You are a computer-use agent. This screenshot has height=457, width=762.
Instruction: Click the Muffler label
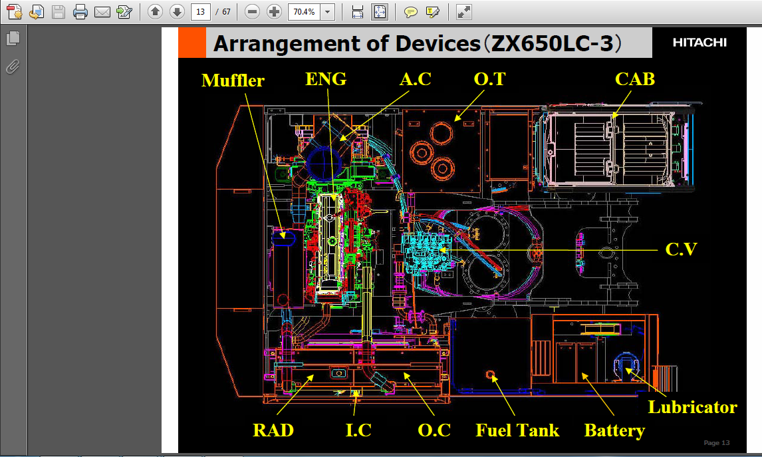click(x=233, y=80)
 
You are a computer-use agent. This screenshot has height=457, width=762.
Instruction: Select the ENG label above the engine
click(x=326, y=78)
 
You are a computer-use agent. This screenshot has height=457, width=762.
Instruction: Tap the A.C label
click(x=416, y=78)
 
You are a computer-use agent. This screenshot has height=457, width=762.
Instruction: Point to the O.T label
click(x=489, y=78)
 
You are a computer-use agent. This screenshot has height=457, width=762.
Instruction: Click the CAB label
click(x=635, y=78)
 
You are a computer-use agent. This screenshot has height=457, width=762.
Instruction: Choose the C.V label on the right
click(x=681, y=249)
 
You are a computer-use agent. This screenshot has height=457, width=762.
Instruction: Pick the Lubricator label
click(x=692, y=407)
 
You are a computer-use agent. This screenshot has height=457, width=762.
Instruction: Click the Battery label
click(x=614, y=430)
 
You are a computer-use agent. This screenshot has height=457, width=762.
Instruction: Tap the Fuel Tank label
click(x=517, y=430)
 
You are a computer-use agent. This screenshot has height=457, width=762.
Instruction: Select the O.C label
click(x=434, y=430)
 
